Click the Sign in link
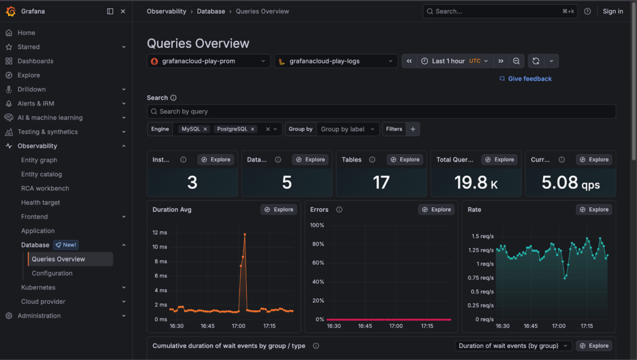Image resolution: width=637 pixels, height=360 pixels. (x=613, y=11)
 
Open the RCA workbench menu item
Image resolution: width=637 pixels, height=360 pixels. (x=45, y=188)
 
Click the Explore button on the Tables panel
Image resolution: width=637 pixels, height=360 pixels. (x=405, y=160)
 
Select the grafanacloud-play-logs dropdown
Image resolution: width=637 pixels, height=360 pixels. (x=336, y=61)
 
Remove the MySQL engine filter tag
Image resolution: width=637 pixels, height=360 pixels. (x=205, y=129)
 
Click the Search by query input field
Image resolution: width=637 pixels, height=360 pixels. (x=381, y=111)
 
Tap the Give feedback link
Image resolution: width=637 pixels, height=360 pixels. (x=529, y=79)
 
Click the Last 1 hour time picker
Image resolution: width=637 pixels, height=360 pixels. (x=453, y=61)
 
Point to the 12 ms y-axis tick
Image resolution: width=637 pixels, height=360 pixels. (x=159, y=233)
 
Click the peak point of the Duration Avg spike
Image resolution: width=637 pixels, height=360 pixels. (x=245, y=234)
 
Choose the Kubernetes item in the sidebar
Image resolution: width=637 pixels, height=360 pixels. (x=38, y=287)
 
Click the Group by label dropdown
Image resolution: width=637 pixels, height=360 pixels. (x=348, y=129)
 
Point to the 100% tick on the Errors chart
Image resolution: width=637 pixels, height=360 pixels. (x=317, y=225)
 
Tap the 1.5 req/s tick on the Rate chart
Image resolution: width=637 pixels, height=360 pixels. (x=483, y=236)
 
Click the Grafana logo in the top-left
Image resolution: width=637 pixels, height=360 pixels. (x=11, y=11)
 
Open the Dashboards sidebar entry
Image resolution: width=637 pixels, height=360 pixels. (x=35, y=61)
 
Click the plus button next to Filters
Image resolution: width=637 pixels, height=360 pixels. (x=413, y=129)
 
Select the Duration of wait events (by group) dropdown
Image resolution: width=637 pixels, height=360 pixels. (x=513, y=346)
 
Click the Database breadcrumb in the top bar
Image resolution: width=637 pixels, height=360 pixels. (x=211, y=11)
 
